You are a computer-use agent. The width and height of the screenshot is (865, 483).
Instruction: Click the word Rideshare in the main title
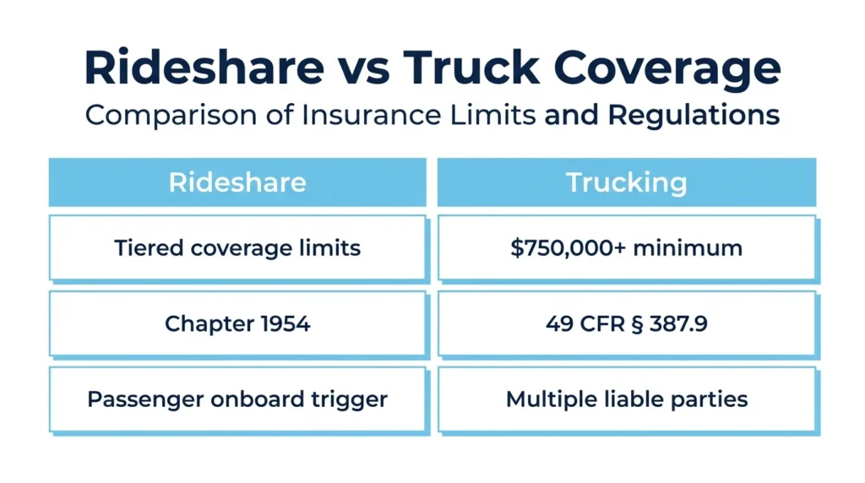tap(204, 68)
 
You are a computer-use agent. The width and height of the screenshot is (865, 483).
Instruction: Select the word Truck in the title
tap(471, 68)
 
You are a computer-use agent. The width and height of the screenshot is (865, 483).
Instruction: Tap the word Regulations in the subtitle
tap(694, 115)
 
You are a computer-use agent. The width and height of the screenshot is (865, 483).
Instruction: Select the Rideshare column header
tap(237, 182)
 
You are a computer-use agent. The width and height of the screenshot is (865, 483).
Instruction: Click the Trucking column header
tap(627, 182)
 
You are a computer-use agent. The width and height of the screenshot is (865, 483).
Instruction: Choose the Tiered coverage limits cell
tap(237, 248)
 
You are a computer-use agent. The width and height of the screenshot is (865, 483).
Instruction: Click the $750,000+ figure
tap(569, 248)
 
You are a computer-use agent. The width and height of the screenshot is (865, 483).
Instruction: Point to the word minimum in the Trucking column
tap(688, 248)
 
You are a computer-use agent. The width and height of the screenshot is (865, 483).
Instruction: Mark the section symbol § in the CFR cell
tap(637, 324)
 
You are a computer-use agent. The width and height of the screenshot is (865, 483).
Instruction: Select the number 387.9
tap(678, 323)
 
